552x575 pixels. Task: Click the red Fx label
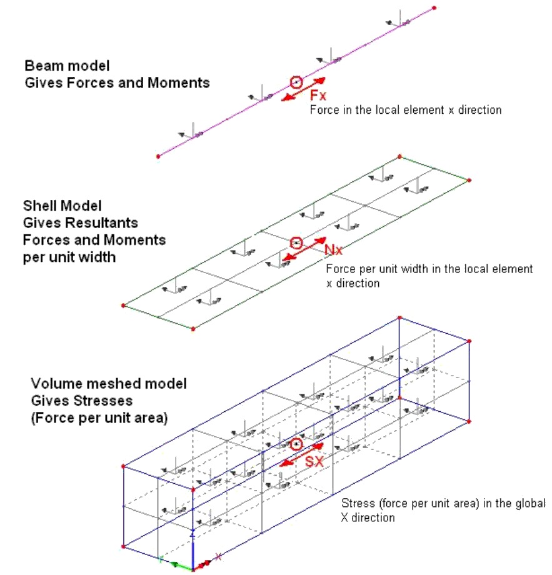pyautogui.click(x=318, y=96)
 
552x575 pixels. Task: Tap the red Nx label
pyautogui.click(x=333, y=250)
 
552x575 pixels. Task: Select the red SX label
pyautogui.click(x=314, y=462)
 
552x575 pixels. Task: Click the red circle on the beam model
pyautogui.click(x=296, y=82)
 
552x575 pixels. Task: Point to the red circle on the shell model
pyautogui.click(x=296, y=242)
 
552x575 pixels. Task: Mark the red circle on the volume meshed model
pyautogui.click(x=296, y=444)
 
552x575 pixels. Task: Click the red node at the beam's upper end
pyautogui.click(x=434, y=7)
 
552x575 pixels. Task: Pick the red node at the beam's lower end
pyautogui.click(x=159, y=156)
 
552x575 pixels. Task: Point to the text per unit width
pyautogui.click(x=69, y=256)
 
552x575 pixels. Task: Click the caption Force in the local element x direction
pyautogui.click(x=406, y=110)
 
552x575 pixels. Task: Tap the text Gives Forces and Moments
pyautogui.click(x=117, y=82)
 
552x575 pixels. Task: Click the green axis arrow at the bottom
pyautogui.click(x=176, y=564)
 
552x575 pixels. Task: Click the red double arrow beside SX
pyautogui.click(x=301, y=454)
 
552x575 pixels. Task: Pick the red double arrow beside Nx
pyautogui.click(x=304, y=248)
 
